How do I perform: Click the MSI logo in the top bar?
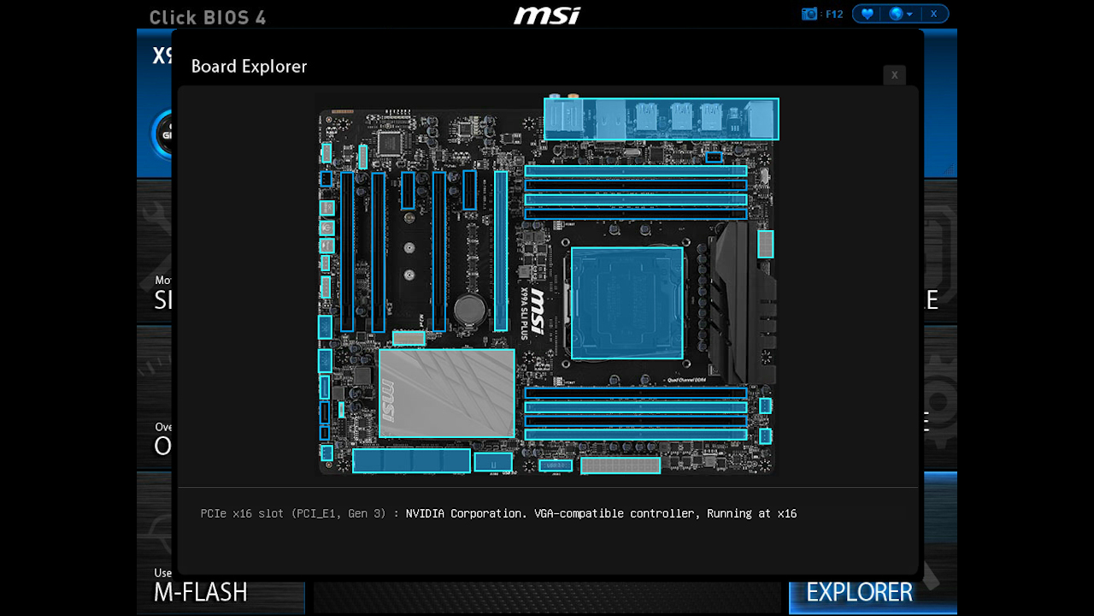547,15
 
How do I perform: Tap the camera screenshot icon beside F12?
809,14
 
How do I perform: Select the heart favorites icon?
867,14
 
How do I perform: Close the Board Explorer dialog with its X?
894,75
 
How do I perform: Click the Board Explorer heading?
249,67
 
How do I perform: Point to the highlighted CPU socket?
626,303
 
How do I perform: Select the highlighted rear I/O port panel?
661,119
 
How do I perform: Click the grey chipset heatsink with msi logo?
446,393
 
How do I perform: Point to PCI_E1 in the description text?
312,513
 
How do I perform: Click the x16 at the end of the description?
786,513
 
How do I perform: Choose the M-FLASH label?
201,592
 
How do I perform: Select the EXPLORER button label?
859,592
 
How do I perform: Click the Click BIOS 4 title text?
207,17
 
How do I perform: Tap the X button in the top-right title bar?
934,14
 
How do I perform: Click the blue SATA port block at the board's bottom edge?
411,460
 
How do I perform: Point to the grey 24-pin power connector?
621,465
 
